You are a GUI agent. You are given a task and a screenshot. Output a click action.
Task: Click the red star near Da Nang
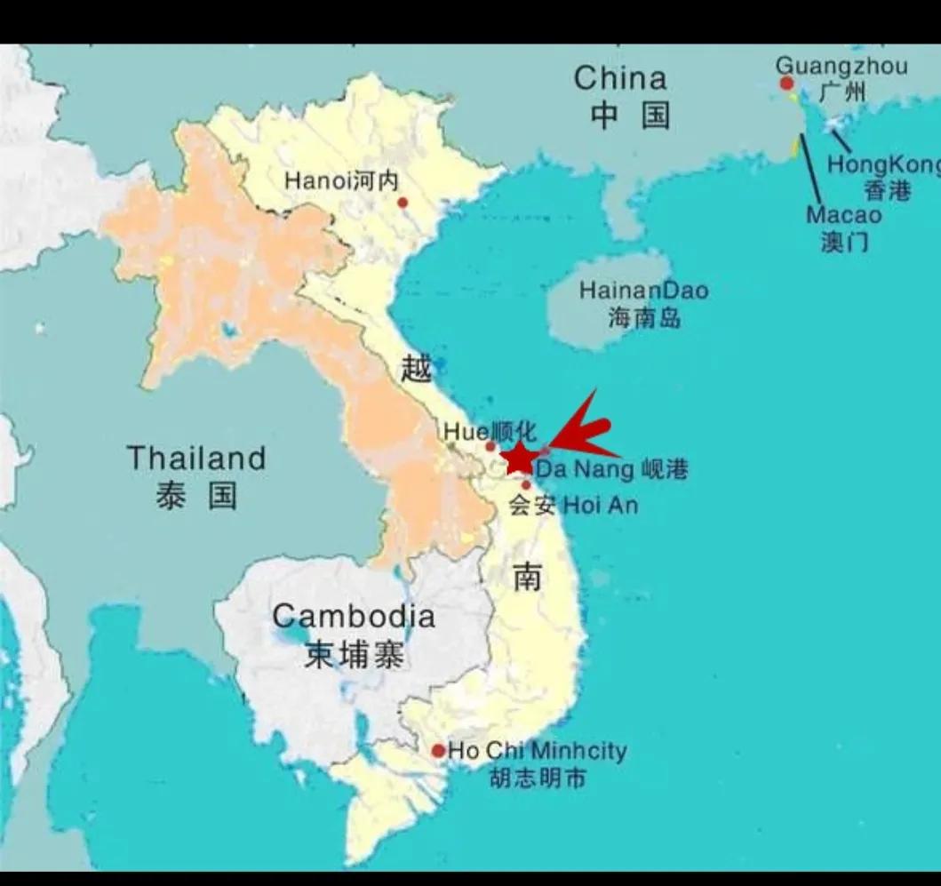tap(518, 459)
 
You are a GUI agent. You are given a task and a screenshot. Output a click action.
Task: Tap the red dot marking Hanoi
tap(403, 203)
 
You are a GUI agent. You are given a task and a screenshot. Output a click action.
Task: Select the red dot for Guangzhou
tap(786, 84)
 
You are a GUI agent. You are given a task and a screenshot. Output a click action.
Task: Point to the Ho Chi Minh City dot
tap(438, 751)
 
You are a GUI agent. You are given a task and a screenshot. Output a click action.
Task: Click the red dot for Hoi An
tap(526, 485)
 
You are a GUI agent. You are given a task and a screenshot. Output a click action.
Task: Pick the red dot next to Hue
tap(490, 446)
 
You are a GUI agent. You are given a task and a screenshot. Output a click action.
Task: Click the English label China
tap(620, 78)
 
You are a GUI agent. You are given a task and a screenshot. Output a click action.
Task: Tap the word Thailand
tap(196, 459)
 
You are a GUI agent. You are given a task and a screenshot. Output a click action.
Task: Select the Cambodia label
tap(354, 616)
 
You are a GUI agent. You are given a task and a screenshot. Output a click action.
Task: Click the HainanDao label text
tap(644, 291)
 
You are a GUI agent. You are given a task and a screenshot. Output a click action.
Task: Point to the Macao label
tap(844, 215)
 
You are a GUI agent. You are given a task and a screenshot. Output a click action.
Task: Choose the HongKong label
tap(883, 164)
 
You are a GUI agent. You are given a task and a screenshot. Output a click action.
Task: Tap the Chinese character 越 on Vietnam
tap(416, 367)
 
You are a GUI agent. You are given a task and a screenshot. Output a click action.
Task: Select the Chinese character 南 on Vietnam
tap(527, 578)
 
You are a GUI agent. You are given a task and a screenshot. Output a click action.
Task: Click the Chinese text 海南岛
tap(644, 317)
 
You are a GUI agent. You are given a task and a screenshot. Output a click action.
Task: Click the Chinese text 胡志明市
tap(538, 778)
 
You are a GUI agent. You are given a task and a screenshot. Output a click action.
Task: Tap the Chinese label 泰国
tap(196, 495)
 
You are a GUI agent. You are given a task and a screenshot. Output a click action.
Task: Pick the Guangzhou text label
tap(841, 66)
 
